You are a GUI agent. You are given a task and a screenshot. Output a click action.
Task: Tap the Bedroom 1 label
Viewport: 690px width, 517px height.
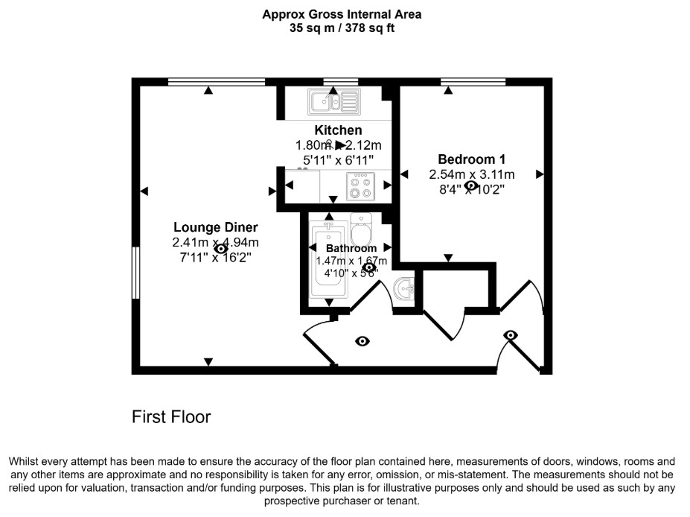471,159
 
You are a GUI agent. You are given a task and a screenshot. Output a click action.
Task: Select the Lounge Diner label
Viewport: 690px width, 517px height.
215,227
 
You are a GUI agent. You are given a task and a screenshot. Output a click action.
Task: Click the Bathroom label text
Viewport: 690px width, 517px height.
351,248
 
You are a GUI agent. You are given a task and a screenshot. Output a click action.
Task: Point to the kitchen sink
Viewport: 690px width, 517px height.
335,101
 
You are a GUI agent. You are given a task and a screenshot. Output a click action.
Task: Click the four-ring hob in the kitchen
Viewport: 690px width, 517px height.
361,186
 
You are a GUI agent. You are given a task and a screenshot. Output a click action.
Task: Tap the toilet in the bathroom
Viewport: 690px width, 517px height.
361,227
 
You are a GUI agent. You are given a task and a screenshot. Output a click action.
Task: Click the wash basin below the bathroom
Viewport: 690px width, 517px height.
403,288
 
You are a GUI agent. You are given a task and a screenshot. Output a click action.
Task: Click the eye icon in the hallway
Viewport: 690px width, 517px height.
362,341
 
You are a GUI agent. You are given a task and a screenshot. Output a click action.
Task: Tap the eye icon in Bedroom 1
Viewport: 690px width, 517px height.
471,185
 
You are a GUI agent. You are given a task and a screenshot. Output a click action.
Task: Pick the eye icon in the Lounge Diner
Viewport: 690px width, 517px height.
220,250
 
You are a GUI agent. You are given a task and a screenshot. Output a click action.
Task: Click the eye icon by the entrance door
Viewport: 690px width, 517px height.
511,335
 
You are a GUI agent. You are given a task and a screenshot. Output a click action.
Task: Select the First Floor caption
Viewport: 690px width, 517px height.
171,417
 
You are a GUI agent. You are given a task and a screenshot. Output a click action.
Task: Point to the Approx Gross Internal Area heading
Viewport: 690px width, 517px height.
342,14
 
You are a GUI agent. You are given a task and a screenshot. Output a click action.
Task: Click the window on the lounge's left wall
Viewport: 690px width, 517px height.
136,273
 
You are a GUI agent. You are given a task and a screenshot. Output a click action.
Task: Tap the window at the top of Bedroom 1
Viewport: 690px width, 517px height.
473,80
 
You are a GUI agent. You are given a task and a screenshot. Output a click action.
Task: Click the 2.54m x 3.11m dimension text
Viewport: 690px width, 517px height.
471,174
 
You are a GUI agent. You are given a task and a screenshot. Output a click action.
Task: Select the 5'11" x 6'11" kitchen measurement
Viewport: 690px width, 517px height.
338,159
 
